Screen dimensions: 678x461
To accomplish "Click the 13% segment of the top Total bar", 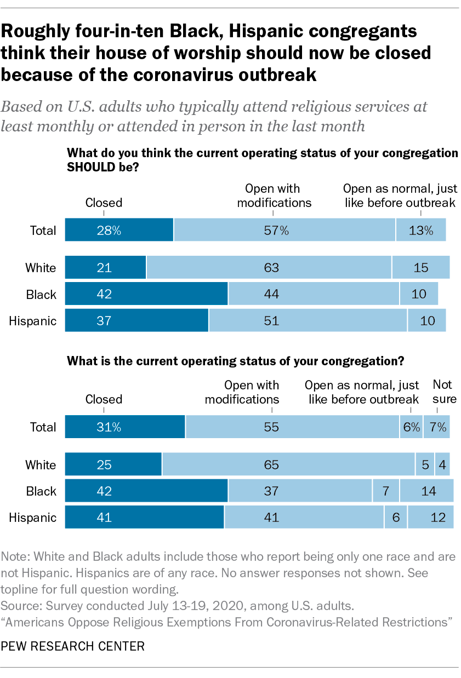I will (x=420, y=230).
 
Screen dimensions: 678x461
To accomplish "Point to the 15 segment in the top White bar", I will (x=420, y=268).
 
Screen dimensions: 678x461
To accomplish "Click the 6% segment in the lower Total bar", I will (x=411, y=427).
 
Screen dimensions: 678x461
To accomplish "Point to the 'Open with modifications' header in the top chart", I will (x=272, y=196).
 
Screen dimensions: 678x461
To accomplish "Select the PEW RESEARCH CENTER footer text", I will (x=73, y=646).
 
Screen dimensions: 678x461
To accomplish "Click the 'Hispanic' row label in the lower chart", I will (x=33, y=518).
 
